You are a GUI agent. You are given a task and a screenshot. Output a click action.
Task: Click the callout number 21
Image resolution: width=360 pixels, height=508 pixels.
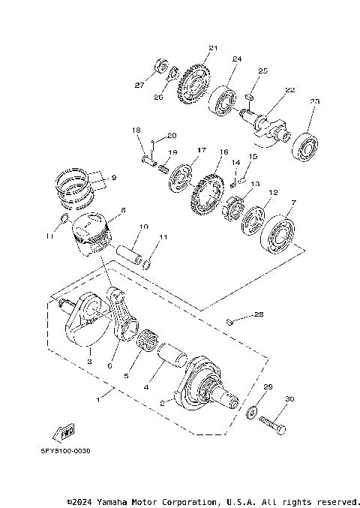[213, 49]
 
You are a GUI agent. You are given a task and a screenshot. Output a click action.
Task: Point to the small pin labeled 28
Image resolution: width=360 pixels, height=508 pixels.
[232, 323]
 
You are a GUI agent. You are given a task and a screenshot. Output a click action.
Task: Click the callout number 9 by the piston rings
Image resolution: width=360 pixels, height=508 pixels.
[114, 177]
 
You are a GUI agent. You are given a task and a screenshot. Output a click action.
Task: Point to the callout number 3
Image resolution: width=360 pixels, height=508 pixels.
[88, 361]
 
